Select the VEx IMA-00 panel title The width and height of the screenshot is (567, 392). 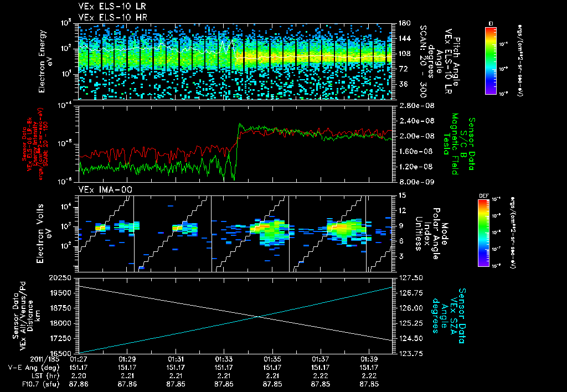click(100, 189)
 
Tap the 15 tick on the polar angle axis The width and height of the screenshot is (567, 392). click(401, 195)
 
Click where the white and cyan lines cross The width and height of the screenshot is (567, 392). click(259, 316)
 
